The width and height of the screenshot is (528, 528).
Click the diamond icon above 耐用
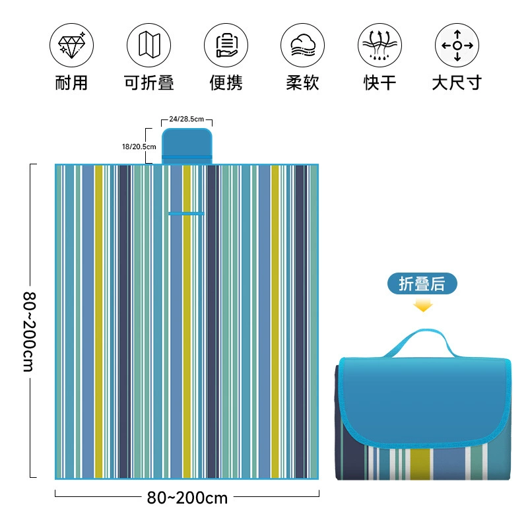[x=71, y=45]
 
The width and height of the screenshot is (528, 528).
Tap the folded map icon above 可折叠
[x=148, y=45]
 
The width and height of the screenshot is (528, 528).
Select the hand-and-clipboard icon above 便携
[x=226, y=45]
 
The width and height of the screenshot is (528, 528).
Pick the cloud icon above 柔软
[x=302, y=45]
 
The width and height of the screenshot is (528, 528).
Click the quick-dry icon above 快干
[x=379, y=45]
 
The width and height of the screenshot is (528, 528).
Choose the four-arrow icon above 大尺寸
[x=457, y=45]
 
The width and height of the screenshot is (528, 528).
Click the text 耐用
[x=71, y=83]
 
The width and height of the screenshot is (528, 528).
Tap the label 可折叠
[x=149, y=83]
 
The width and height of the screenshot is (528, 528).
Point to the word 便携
[x=226, y=83]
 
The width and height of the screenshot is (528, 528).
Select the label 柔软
[x=302, y=83]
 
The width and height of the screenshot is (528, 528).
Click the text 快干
[x=379, y=83]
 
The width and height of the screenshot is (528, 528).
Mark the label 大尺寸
[x=457, y=83]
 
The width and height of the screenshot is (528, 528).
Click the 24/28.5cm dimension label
[x=187, y=119]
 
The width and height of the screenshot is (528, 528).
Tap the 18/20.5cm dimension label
[x=139, y=147]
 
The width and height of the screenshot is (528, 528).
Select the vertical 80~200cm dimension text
[x=29, y=332]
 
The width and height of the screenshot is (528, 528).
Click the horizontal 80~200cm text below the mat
[x=187, y=498]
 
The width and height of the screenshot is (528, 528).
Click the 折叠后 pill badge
[x=422, y=284]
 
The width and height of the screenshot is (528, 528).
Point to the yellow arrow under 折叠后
[x=422, y=306]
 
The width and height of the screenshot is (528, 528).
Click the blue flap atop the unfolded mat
[x=187, y=146]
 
